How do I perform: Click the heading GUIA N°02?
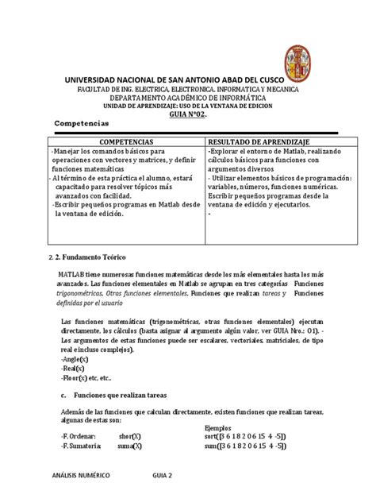click(x=188, y=114)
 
